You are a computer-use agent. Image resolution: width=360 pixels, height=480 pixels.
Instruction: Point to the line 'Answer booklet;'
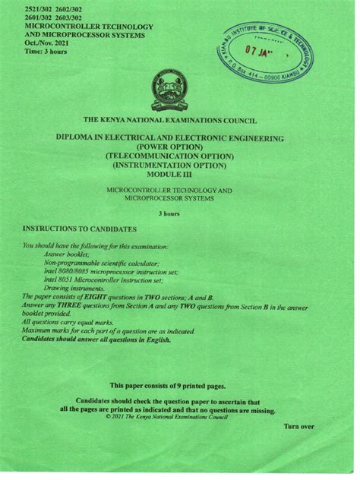coord(72,255)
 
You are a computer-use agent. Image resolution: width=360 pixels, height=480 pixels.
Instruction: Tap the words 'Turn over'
coord(298,427)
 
